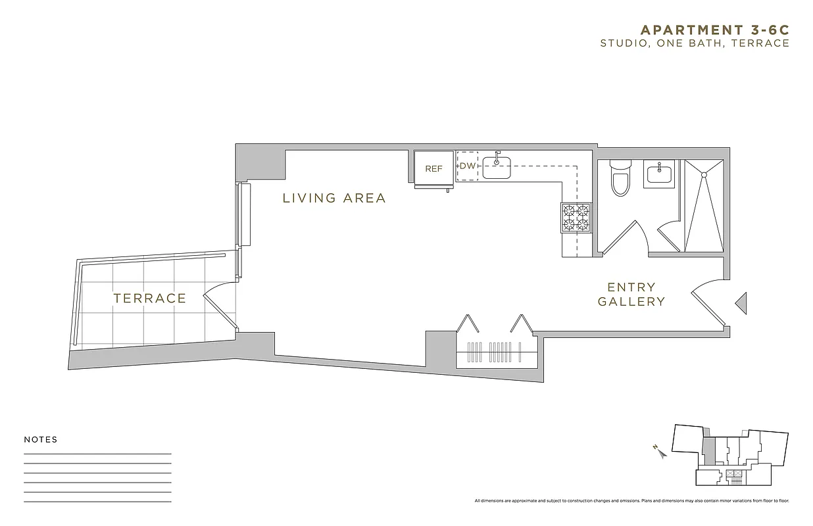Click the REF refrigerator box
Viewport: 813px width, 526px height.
(433, 168)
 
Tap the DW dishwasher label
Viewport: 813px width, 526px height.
(467, 166)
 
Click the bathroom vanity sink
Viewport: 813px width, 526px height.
(659, 174)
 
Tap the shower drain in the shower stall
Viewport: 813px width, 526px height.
(703, 174)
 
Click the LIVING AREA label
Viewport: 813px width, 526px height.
(333, 198)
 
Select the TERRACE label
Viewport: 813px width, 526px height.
(150, 299)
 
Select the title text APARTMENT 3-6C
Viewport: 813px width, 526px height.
(714, 30)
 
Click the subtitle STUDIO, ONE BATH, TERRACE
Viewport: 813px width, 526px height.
(694, 43)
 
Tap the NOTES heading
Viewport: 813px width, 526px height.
(41, 440)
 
